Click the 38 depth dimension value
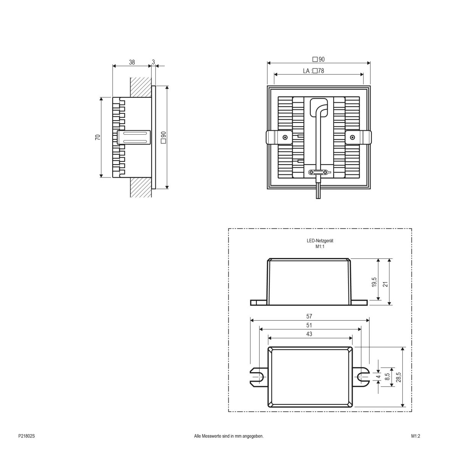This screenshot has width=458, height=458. pyautogui.click(x=132, y=62)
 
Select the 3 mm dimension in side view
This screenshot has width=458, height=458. pyautogui.click(x=153, y=62)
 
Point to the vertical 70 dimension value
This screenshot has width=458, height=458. pyautogui.click(x=98, y=137)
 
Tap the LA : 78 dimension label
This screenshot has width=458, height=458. pyautogui.click(x=313, y=71)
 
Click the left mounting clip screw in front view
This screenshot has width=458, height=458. pyautogui.click(x=285, y=137)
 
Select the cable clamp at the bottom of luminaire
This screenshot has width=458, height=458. pyautogui.click(x=319, y=173)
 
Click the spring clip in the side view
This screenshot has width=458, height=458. pyautogui.click(x=134, y=137)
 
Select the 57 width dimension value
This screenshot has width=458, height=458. pyautogui.click(x=309, y=316)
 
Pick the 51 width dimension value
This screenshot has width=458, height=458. pyautogui.click(x=309, y=325)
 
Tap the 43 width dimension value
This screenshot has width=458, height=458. pyautogui.click(x=309, y=334)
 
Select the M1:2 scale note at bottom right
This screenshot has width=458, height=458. pyautogui.click(x=416, y=436)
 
